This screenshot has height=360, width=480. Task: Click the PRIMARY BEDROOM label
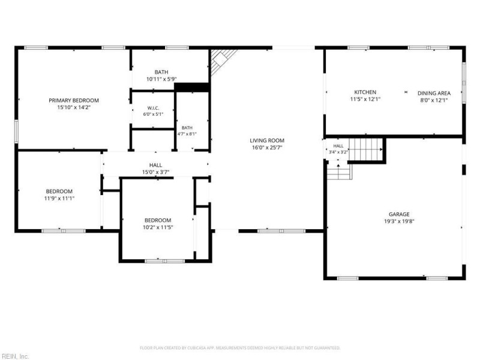pyautogui.click(x=74, y=100)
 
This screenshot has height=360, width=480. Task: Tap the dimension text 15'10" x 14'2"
pyautogui.click(x=74, y=107)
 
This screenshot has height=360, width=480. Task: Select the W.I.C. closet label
pyautogui.click(x=153, y=108)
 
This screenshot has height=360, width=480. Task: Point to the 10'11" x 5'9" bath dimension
pyautogui.click(x=161, y=79)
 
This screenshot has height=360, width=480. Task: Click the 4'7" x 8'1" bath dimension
pyautogui.click(x=187, y=134)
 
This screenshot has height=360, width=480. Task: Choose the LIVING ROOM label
pyautogui.click(x=267, y=140)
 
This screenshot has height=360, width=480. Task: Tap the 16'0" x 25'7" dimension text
pyautogui.click(x=267, y=148)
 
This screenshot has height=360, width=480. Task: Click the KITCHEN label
pyautogui.click(x=365, y=92)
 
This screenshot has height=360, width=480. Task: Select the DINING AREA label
pyautogui.click(x=434, y=93)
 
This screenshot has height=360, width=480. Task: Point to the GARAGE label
pyautogui.click(x=399, y=214)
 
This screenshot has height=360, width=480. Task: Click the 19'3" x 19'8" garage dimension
pyautogui.click(x=399, y=221)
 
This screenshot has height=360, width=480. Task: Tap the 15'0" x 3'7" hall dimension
pyautogui.click(x=155, y=172)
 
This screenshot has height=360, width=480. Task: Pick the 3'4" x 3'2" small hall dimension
pyautogui.click(x=338, y=152)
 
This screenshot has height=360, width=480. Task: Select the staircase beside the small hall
pyautogui.click(x=365, y=149)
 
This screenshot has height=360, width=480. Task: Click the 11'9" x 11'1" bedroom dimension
pyautogui.click(x=59, y=199)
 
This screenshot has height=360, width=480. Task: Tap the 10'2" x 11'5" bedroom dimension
pyautogui.click(x=158, y=227)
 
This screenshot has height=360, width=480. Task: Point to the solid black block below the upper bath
pyautogui.click(x=191, y=87)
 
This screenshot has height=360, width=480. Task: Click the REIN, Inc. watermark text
pyautogui.click(x=14, y=356)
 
